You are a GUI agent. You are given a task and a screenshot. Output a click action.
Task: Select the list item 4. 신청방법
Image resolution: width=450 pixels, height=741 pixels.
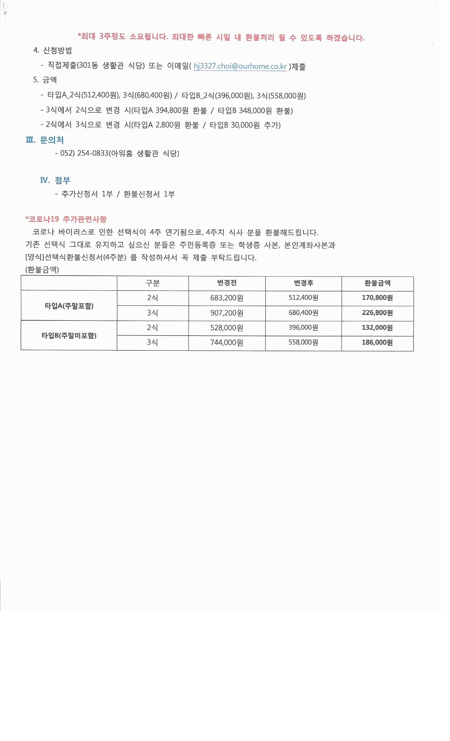pyautogui.click(x=53, y=51)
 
